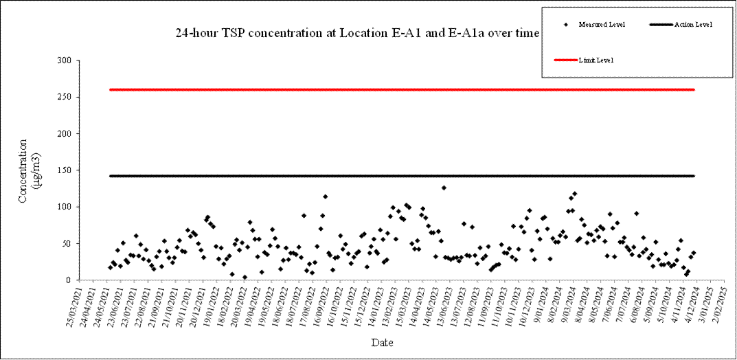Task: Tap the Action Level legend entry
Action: click(692, 25)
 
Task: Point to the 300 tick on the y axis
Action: click(63, 60)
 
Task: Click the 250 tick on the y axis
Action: click(63, 97)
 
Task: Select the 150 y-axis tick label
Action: click(63, 170)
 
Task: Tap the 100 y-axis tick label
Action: click(63, 207)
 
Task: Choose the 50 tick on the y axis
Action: click(65, 243)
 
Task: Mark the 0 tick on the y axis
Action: click(68, 280)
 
